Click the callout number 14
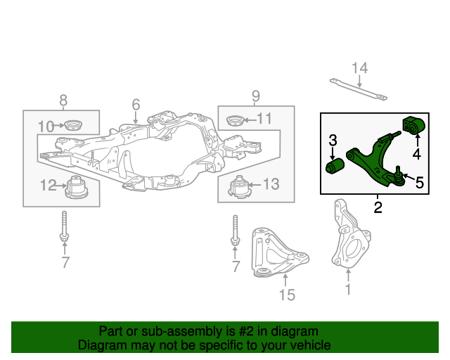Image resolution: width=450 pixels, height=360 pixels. pos(359,67)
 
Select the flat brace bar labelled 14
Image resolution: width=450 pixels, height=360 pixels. pos(359,89)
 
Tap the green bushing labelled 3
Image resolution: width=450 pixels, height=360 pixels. pos(334,167)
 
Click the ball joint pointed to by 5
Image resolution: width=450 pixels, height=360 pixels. pos(397,174)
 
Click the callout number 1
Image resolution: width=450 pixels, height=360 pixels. pos(347,288)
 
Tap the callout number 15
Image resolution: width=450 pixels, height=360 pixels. pos(287,295)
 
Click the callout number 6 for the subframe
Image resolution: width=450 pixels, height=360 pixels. pos(136,105)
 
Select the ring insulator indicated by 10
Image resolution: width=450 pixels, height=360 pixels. pos(72,127)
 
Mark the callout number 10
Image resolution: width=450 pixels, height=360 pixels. pos(46,127)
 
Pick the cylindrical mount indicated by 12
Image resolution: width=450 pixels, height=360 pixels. pos(75,187)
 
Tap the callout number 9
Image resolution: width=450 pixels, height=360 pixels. pos(256,96)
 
